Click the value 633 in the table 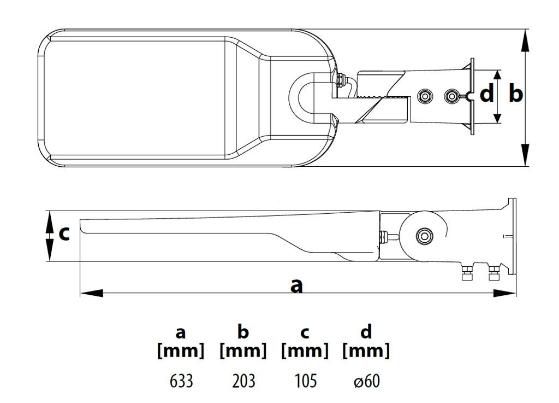[x=181, y=381]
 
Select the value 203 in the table [x=243, y=381]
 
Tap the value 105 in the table [x=305, y=381]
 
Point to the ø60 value [x=367, y=381]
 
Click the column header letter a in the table [x=181, y=331]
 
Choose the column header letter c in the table [x=305, y=332]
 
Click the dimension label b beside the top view [x=515, y=94]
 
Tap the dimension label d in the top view [x=486, y=94]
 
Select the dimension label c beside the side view [x=64, y=233]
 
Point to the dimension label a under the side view [x=296, y=285]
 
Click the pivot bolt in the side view [x=424, y=236]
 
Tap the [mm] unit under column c [x=305, y=351]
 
